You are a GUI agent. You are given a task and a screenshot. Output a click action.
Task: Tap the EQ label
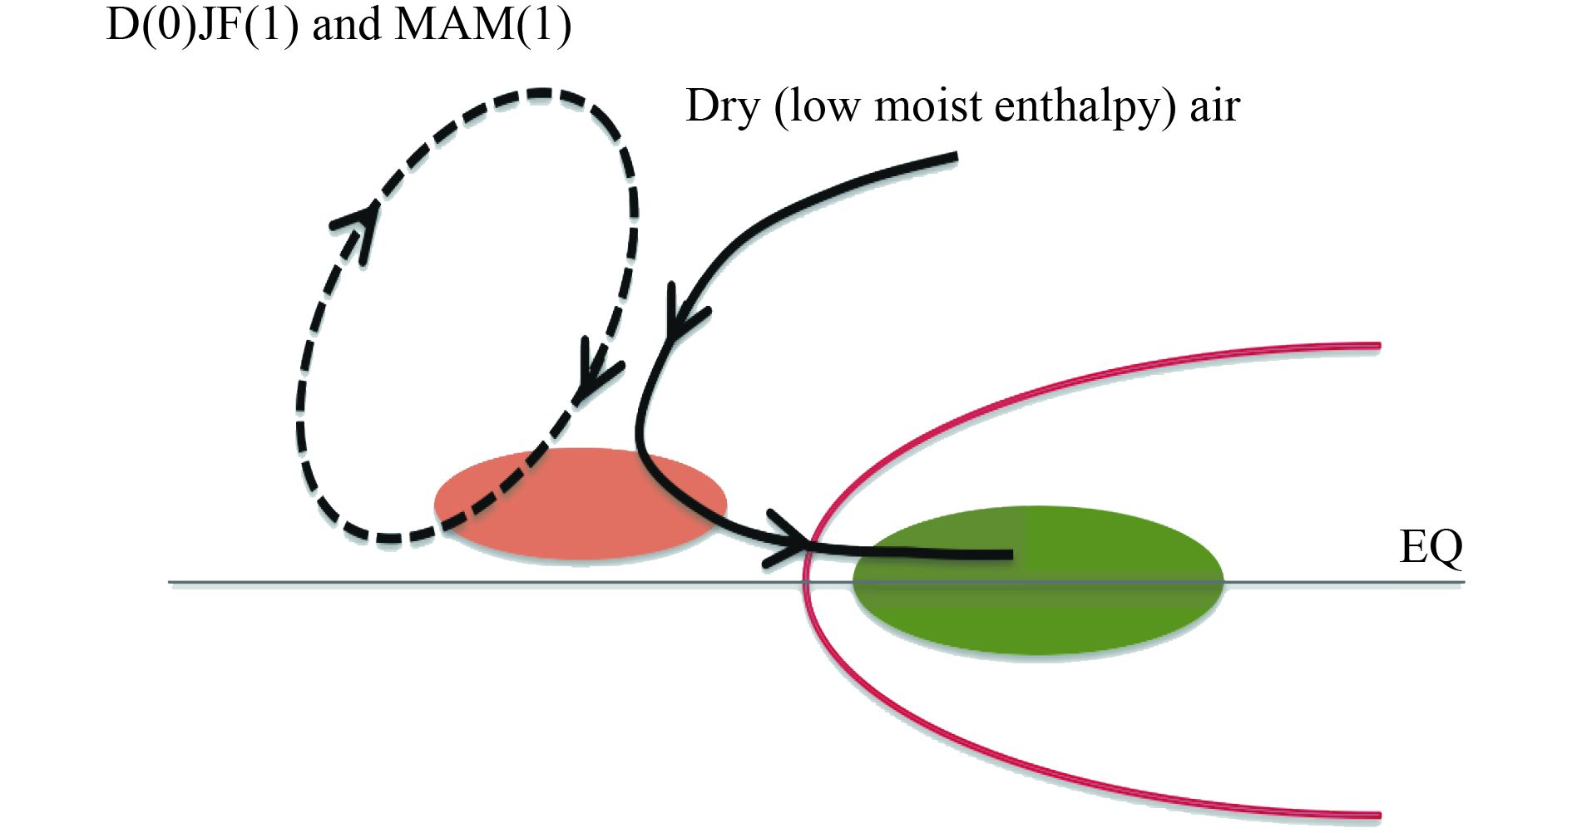pyautogui.click(x=1430, y=548)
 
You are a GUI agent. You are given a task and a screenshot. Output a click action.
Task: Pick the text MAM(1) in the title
pyautogui.click(x=482, y=25)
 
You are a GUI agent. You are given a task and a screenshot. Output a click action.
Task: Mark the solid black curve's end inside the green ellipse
pyautogui.click(x=1011, y=554)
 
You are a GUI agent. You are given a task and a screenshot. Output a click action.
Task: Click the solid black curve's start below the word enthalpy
pyautogui.click(x=956, y=155)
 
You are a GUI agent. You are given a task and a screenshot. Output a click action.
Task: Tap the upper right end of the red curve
pyautogui.click(x=1378, y=345)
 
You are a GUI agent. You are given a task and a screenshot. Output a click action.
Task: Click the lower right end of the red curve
pyautogui.click(x=1378, y=816)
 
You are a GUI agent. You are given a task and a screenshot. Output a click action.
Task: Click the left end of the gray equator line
pyautogui.click(x=171, y=582)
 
